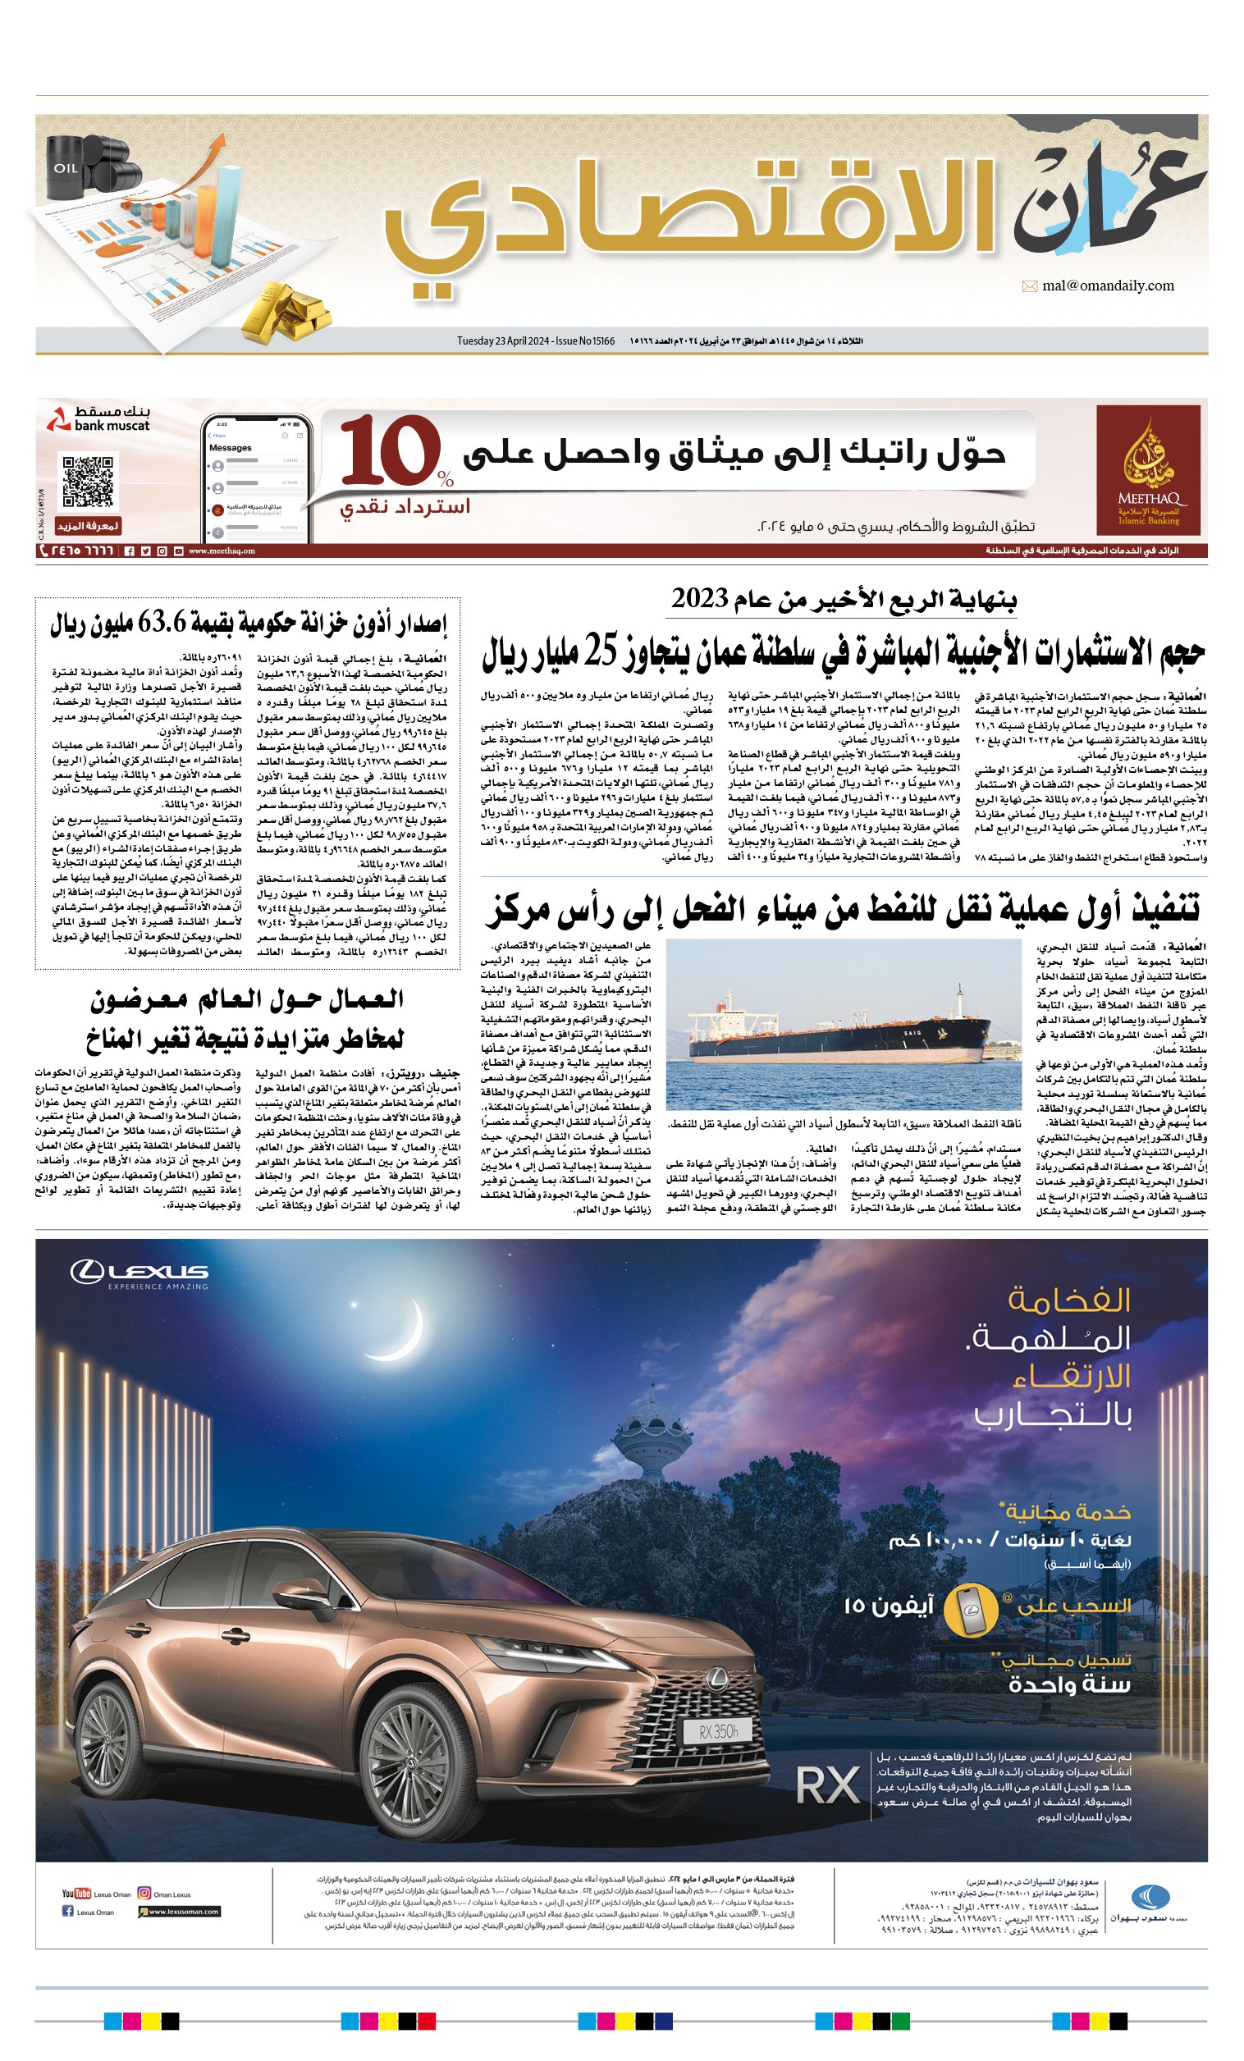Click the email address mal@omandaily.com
point(1108,286)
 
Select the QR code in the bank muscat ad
point(88,481)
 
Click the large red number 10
point(390,452)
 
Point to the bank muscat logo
point(98,419)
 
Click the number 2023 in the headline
point(700,599)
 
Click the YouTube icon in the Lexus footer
point(76,1894)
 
